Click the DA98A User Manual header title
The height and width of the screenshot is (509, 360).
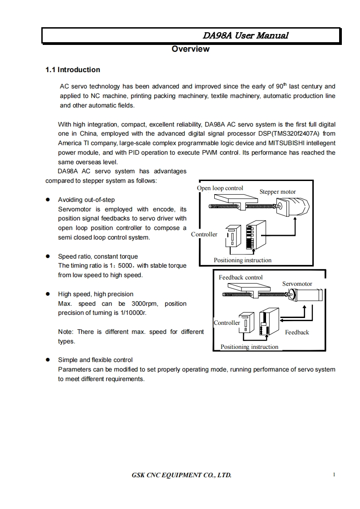click(x=245, y=35)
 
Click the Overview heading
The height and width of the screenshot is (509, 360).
click(x=190, y=49)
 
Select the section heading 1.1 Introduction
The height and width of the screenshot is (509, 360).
click(x=73, y=69)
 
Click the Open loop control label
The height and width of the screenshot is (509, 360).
click(x=220, y=188)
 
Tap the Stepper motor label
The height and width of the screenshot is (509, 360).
click(x=277, y=192)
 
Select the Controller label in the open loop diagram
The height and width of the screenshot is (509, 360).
click(x=204, y=234)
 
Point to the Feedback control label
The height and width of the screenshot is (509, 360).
click(x=241, y=277)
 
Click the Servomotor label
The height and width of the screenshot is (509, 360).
click(x=297, y=284)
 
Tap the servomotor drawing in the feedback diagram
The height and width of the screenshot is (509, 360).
click(x=307, y=294)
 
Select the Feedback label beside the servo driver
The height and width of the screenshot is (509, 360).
click(x=297, y=332)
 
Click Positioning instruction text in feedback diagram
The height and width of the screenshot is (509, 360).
click(x=249, y=347)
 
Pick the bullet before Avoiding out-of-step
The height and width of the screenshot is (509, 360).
click(x=48, y=200)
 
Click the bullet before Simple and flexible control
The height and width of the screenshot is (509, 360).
click(x=48, y=360)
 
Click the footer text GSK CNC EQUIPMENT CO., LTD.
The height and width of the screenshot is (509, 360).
click(x=182, y=475)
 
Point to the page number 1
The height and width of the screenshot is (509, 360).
click(x=334, y=475)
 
